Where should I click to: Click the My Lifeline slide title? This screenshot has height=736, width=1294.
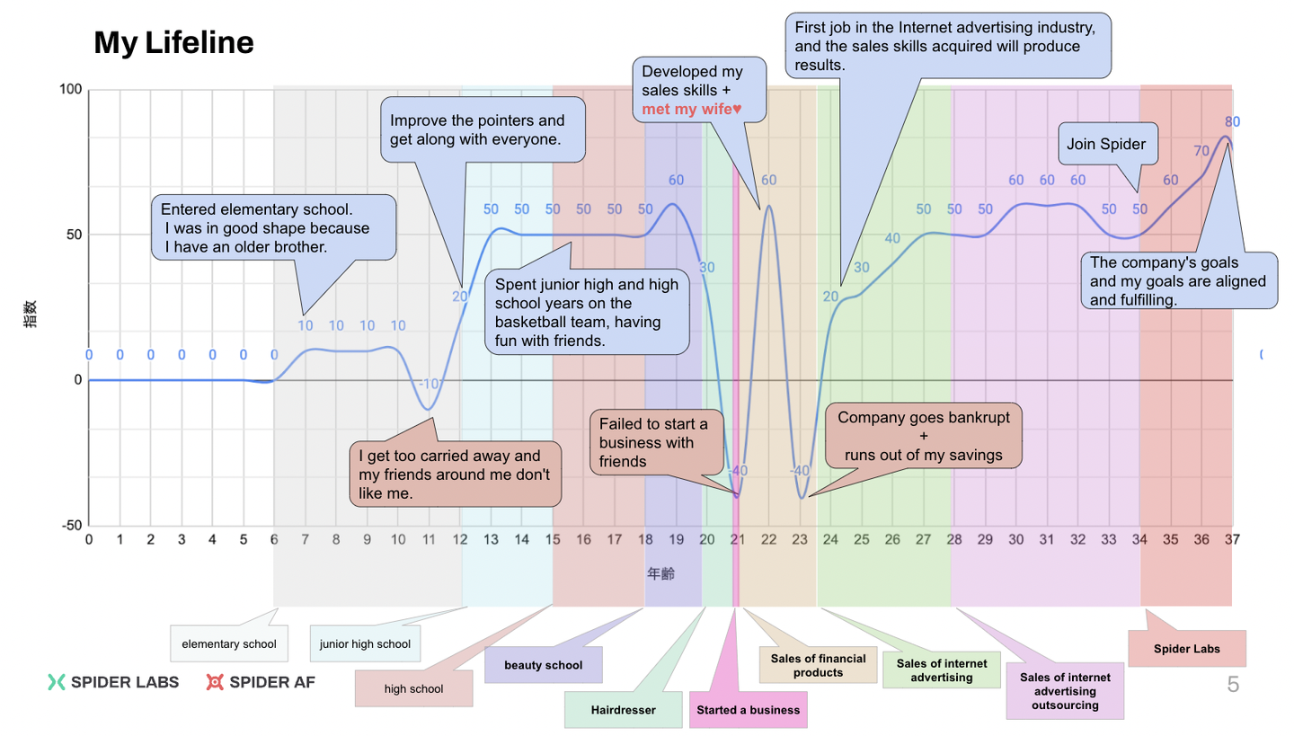point(173,42)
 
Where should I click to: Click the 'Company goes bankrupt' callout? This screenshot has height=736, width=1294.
point(923,436)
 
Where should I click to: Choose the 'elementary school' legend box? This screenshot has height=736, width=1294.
point(229,643)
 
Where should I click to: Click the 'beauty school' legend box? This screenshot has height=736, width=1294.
point(543,665)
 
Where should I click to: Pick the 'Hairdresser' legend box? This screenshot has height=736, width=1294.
point(623,709)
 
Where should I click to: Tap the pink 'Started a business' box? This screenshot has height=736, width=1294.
point(748,709)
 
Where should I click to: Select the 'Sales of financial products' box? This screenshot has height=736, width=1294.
point(818,665)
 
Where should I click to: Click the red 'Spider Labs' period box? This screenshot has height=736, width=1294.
point(1186,648)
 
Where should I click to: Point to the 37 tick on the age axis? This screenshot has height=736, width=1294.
point(1231,539)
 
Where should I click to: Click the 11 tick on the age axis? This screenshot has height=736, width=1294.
point(429,539)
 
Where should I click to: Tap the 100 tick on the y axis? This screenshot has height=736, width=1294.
point(71,90)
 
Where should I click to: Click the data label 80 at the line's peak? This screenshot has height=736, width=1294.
point(1232,121)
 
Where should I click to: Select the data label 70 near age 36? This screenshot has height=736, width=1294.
point(1201,150)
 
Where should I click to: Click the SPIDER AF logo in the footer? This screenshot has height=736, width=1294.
point(261,682)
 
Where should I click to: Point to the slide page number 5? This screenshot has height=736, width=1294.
point(1233,685)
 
